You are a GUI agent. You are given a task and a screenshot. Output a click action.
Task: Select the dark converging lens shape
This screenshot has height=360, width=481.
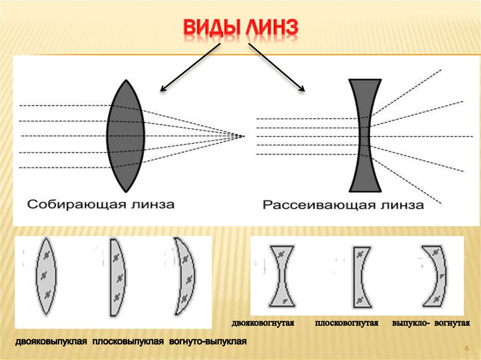(x=125, y=136)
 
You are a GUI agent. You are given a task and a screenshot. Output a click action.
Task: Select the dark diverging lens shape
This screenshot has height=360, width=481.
(x=365, y=136)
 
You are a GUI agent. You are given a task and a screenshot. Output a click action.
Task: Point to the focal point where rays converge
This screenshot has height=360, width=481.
(x=244, y=136)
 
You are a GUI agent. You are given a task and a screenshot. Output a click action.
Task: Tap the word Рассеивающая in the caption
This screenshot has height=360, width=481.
(x=319, y=205)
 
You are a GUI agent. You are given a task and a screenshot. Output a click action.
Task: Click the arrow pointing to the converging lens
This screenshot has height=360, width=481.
(x=190, y=67)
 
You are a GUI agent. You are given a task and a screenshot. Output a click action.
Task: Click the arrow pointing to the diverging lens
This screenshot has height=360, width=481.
(x=277, y=67)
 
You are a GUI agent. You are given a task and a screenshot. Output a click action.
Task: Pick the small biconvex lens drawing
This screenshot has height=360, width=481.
(x=47, y=276)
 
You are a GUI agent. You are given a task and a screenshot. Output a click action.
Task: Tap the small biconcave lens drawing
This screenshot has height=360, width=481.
(x=282, y=276)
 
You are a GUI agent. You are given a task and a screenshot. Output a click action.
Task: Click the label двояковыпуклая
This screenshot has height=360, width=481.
(x=51, y=341)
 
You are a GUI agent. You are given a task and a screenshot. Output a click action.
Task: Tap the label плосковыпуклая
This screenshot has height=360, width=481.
(x=128, y=341)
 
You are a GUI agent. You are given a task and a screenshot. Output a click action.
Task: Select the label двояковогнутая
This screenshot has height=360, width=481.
(x=263, y=323)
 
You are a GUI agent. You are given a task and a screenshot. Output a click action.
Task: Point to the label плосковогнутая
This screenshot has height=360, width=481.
(x=347, y=323)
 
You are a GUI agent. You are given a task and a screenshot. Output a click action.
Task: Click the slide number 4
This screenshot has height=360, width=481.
(x=466, y=348)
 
